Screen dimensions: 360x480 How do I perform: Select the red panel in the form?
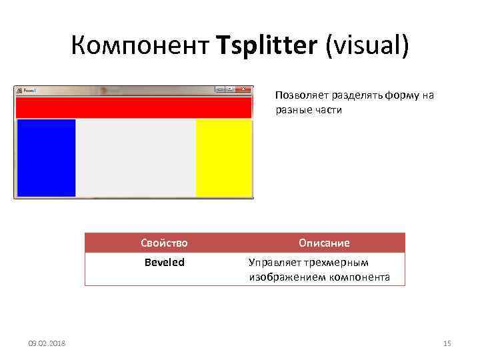coord(133,108)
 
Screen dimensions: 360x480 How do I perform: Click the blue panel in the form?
coord(46,158)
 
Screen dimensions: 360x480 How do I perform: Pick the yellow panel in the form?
coord(224,158)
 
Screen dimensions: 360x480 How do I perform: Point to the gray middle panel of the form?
coord(136,158)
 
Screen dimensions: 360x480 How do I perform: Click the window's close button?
coord(245,89)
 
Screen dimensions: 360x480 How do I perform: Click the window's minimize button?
coord(219,89)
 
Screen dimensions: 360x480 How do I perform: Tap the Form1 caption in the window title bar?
coord(29,90)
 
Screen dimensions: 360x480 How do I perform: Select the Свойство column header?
coord(165,243)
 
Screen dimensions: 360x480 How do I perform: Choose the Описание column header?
coord(324,243)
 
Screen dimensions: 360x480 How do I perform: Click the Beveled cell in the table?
coord(165,263)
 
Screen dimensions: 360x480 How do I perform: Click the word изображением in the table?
coord(286,277)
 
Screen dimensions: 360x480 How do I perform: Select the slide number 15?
coord(447,343)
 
